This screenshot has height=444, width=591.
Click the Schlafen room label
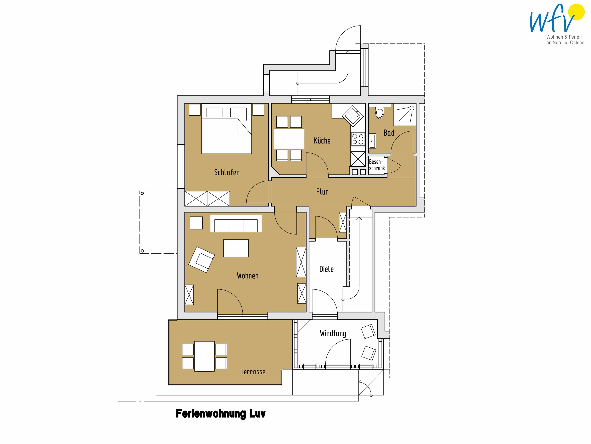(x=227, y=172)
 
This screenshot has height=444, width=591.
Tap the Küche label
(x=322, y=141)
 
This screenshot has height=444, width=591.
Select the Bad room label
(x=389, y=133)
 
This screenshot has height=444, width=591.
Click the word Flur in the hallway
(x=322, y=192)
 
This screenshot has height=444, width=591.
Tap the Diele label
(x=326, y=269)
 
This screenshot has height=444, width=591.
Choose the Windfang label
(x=333, y=333)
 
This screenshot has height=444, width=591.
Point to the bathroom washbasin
(x=372, y=141)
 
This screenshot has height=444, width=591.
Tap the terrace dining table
(x=204, y=356)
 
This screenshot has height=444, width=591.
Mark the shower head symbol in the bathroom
(x=412, y=108)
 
